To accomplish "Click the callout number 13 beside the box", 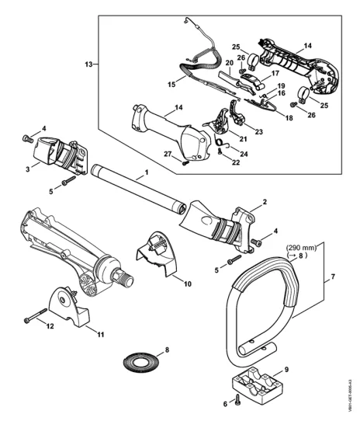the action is (88, 64).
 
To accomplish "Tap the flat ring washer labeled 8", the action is (141, 363).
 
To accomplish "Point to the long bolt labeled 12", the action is (36, 315).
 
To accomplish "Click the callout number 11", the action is (100, 335).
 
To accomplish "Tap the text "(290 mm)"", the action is (301, 248).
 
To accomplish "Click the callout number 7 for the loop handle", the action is (333, 277).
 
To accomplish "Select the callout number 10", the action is (188, 284).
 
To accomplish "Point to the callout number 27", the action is (168, 154).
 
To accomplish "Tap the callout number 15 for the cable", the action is (171, 85).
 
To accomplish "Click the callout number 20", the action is (230, 63).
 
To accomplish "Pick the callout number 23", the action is (259, 132).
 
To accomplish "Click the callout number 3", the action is (28, 169).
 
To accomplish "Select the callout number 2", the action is (265, 202).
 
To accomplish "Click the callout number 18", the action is (289, 118).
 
